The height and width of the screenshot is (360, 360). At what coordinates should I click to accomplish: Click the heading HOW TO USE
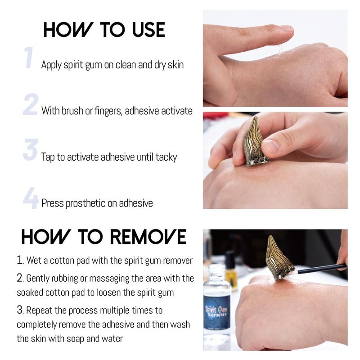(x=104, y=30)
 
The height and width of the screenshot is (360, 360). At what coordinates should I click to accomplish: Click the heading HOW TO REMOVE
(x=104, y=237)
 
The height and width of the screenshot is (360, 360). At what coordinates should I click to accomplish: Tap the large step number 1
(x=29, y=58)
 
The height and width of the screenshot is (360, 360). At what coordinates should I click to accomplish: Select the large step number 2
(x=30, y=104)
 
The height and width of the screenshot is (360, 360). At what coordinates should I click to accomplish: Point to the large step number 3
(x=31, y=150)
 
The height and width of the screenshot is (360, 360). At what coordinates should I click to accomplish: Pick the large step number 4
(x=31, y=198)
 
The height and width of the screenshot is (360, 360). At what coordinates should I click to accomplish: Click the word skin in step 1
(x=175, y=64)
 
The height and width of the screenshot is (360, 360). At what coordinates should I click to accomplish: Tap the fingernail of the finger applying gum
(x=286, y=28)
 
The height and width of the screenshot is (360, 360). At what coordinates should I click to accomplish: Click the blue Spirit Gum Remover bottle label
(x=217, y=312)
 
